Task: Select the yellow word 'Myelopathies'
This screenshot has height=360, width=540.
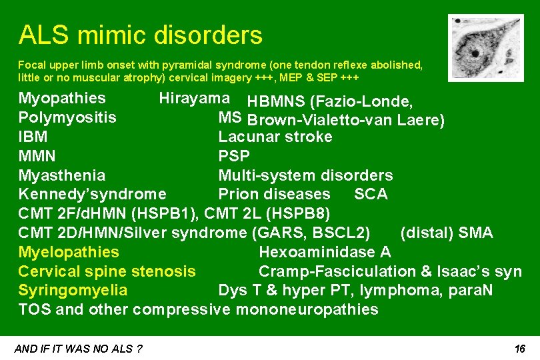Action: tap(69, 252)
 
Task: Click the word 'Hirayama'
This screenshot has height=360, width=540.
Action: tap(194, 99)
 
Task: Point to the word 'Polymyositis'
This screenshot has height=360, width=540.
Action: tap(67, 118)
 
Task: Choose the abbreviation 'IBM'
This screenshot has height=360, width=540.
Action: tap(33, 137)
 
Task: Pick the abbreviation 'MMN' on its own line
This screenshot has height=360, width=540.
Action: tap(37, 157)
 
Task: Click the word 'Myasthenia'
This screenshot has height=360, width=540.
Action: tap(62, 175)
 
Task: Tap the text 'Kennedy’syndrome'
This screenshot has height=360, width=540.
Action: tap(93, 194)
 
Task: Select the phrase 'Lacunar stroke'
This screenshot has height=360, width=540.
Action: tap(275, 137)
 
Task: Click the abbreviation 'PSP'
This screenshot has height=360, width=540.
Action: tap(234, 157)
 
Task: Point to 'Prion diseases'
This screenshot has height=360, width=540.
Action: tap(274, 194)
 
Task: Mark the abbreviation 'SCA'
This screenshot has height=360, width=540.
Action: tap(371, 194)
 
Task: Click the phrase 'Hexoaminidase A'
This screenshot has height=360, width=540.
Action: tap(325, 252)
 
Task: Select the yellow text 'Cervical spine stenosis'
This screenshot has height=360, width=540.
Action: tap(107, 271)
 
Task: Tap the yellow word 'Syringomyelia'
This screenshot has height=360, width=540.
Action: tap(73, 291)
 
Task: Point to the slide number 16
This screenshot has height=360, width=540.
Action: tap(521, 349)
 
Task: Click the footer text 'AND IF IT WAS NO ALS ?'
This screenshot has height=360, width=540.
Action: tap(78, 349)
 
